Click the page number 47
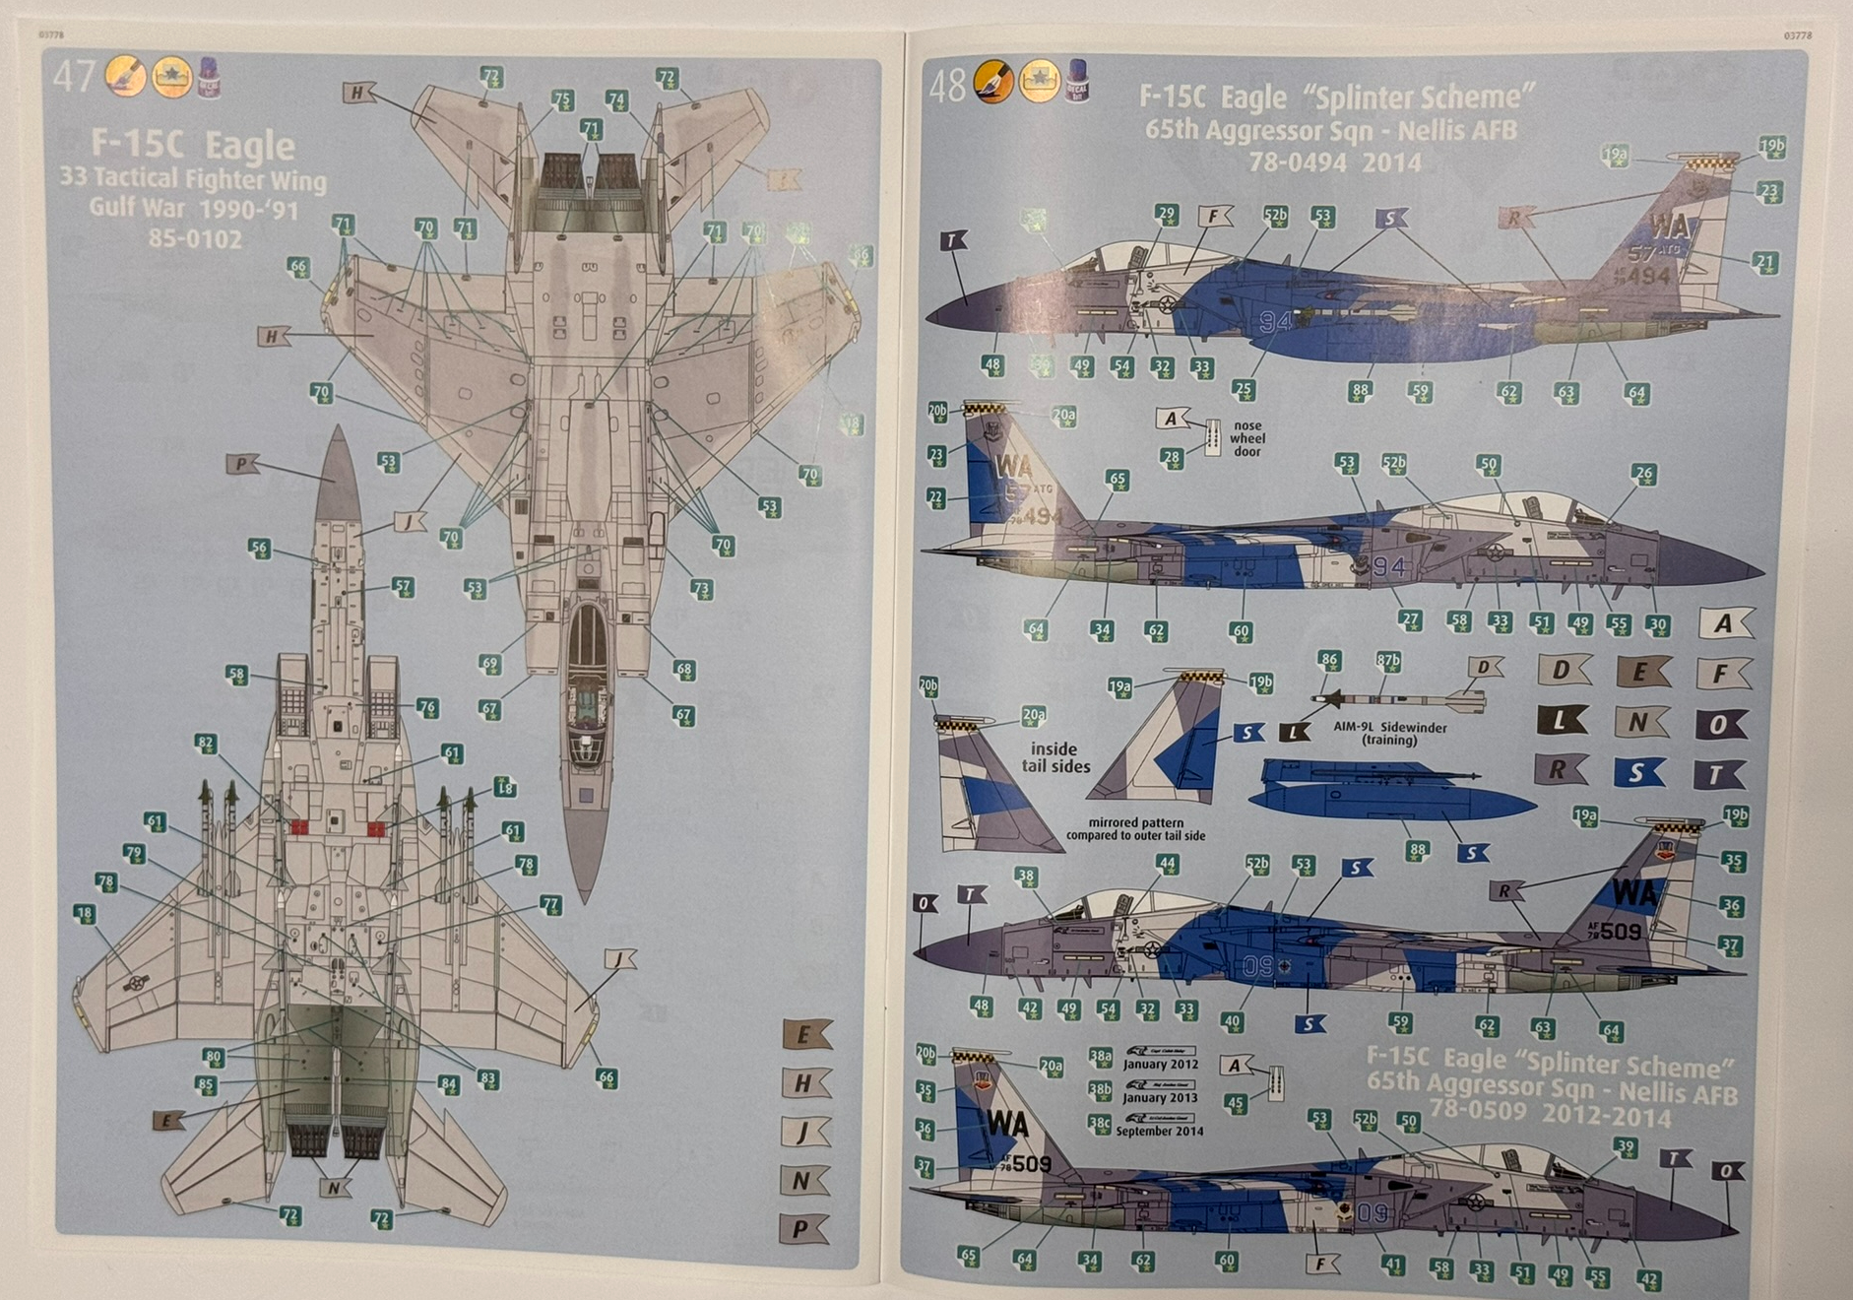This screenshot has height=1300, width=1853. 73,76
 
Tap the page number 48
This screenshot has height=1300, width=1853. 946,86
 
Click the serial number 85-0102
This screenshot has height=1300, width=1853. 195,239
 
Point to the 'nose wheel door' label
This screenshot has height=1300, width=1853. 1246,438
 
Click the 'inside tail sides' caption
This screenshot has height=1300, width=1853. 1055,757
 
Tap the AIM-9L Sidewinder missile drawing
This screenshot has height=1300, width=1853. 1398,700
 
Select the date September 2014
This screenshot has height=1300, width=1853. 1159,1132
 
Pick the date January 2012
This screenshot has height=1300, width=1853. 1160,1065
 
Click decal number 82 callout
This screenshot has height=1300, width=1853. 205,744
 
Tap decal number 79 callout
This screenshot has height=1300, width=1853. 133,853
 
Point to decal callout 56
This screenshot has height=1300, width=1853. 258,549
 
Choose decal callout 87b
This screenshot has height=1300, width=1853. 1387,660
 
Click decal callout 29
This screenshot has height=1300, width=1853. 1166,215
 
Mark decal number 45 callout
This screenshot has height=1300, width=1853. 1235,1103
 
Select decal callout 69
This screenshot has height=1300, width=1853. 490,664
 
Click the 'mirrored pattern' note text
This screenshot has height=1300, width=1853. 1135,828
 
